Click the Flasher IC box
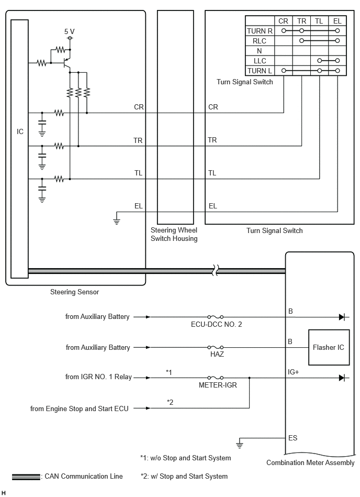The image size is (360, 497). [329, 347]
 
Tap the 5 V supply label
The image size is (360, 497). [70, 31]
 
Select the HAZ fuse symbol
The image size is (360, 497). [215, 347]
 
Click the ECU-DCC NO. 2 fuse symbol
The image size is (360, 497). [215, 317]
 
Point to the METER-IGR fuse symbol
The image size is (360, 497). [215, 378]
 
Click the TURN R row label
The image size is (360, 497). [260, 31]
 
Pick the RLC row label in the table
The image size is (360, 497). [260, 41]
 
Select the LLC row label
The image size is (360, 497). [260, 61]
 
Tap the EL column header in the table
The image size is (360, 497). [337, 21]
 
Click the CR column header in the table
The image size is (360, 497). [283, 21]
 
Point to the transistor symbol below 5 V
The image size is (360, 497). [67, 63]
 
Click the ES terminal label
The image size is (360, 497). [292, 438]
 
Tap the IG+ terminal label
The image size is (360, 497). [293, 372]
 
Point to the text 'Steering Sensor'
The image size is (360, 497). [75, 292]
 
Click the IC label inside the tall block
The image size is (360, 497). [20, 131]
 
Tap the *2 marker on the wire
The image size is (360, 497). [170, 402]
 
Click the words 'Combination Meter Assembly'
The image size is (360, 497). [310, 463]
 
